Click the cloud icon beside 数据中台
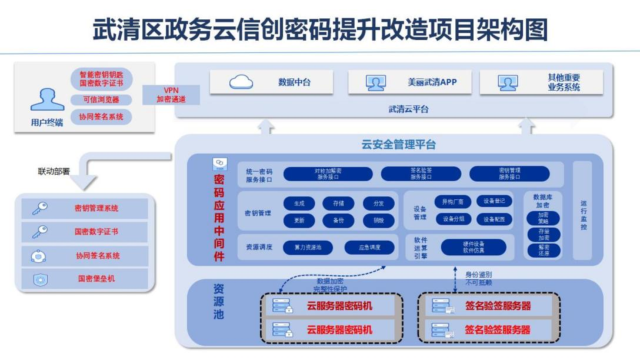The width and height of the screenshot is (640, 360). pyautogui.click(x=241, y=82)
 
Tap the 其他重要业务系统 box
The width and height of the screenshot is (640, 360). pyautogui.click(x=541, y=82)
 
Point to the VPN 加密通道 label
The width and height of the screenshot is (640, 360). pyautogui.click(x=171, y=95)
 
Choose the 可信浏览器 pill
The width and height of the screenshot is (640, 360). pyautogui.click(x=101, y=99)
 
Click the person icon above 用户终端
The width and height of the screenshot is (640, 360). pyautogui.click(x=47, y=99)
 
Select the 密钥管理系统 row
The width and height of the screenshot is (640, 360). pyautogui.click(x=85, y=208)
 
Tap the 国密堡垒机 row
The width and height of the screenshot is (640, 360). pyautogui.click(x=85, y=279)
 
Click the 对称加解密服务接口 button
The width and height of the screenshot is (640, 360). pyautogui.click(x=328, y=174)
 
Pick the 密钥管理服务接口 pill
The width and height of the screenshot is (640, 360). pyautogui.click(x=509, y=174)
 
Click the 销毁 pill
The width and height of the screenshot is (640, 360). pyautogui.click(x=378, y=221)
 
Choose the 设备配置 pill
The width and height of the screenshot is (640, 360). pyautogui.click(x=494, y=219)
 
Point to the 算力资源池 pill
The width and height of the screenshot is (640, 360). pyautogui.click(x=308, y=248)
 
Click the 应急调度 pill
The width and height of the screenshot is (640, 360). pyautogui.click(x=369, y=248)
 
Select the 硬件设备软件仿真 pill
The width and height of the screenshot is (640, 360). pyautogui.click(x=473, y=247)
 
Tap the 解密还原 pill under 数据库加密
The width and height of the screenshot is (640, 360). pyautogui.click(x=543, y=250)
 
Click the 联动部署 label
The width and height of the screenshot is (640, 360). pyautogui.click(x=54, y=172)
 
